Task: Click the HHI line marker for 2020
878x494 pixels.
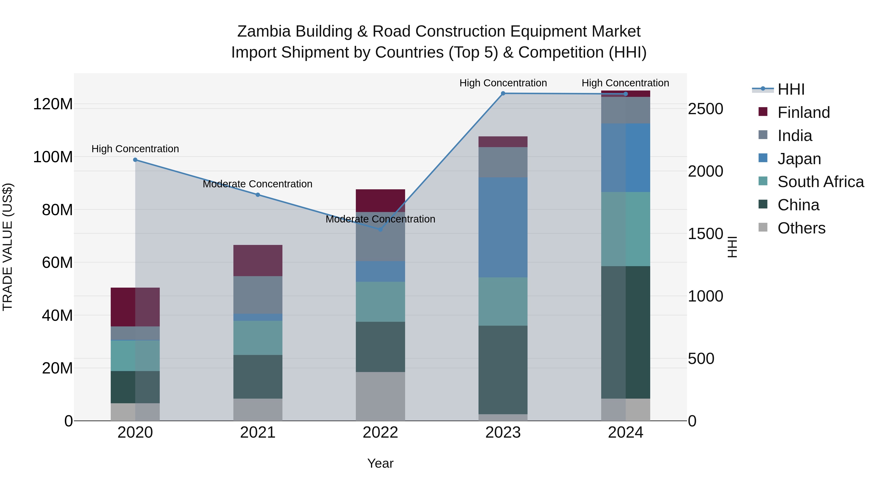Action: (135, 160)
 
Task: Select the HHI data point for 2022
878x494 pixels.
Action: (381, 230)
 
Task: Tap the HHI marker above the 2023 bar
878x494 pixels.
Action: (503, 93)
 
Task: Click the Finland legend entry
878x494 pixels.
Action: (803, 112)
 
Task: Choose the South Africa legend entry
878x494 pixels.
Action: (820, 182)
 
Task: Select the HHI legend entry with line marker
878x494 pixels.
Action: (790, 89)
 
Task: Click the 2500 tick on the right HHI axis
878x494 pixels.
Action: (705, 109)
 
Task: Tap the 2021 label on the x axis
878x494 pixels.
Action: (258, 433)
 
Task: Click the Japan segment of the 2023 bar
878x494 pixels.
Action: (503, 227)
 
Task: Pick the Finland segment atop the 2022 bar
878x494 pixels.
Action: (380, 201)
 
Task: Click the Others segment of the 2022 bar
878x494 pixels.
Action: (380, 396)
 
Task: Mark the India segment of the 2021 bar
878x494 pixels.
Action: (258, 295)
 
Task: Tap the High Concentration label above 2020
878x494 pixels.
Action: (135, 149)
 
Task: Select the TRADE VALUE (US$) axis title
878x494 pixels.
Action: (8, 247)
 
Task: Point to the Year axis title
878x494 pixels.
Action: (380, 463)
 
